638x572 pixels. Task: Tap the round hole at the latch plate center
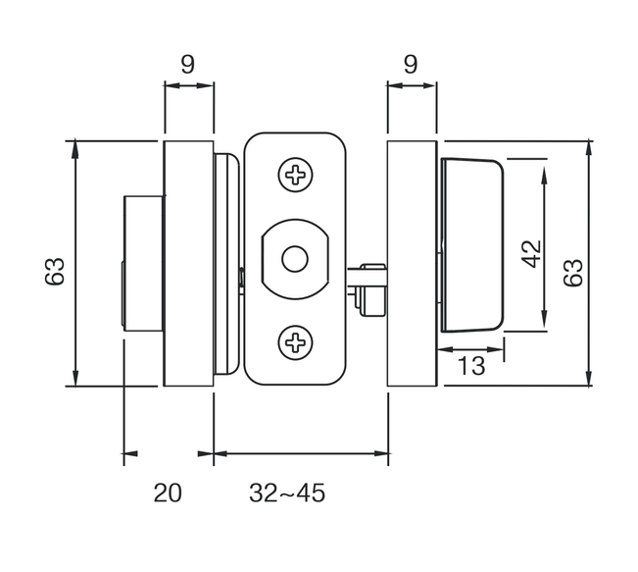coord(293,259)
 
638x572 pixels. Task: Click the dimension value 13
coord(472,366)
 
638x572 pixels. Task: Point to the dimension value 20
coord(168,493)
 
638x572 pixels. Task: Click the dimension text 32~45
coord(287,493)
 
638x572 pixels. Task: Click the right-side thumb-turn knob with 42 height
coord(472,243)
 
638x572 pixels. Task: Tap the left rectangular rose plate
coord(188,263)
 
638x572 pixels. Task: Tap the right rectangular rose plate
coord(413,263)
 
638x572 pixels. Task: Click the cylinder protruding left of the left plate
coord(141,263)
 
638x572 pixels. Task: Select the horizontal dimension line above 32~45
coord(301,453)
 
